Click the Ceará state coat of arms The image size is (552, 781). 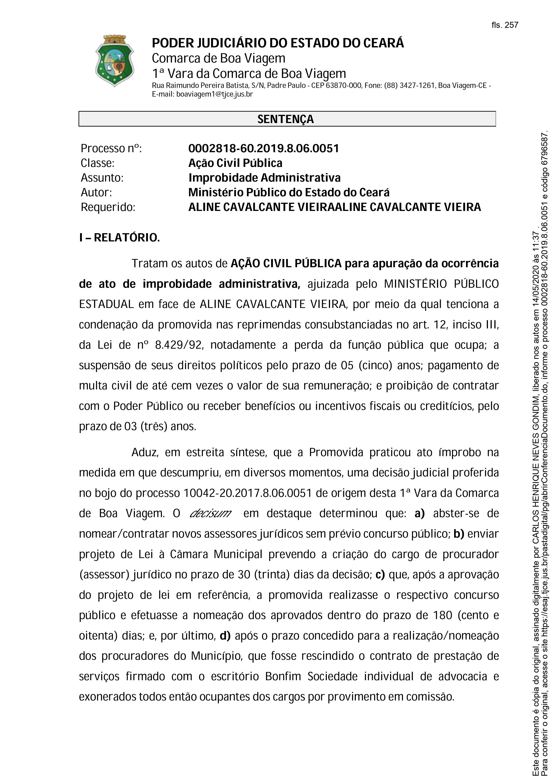click(x=114, y=61)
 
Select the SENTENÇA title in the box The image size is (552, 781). click(x=286, y=119)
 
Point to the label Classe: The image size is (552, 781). click(x=98, y=163)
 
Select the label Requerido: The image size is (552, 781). click(x=108, y=207)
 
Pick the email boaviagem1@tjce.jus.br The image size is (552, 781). click(x=214, y=94)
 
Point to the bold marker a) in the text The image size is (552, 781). click(x=419, y=513)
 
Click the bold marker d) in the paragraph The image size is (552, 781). click(x=225, y=636)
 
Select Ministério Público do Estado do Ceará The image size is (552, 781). click(x=289, y=192)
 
